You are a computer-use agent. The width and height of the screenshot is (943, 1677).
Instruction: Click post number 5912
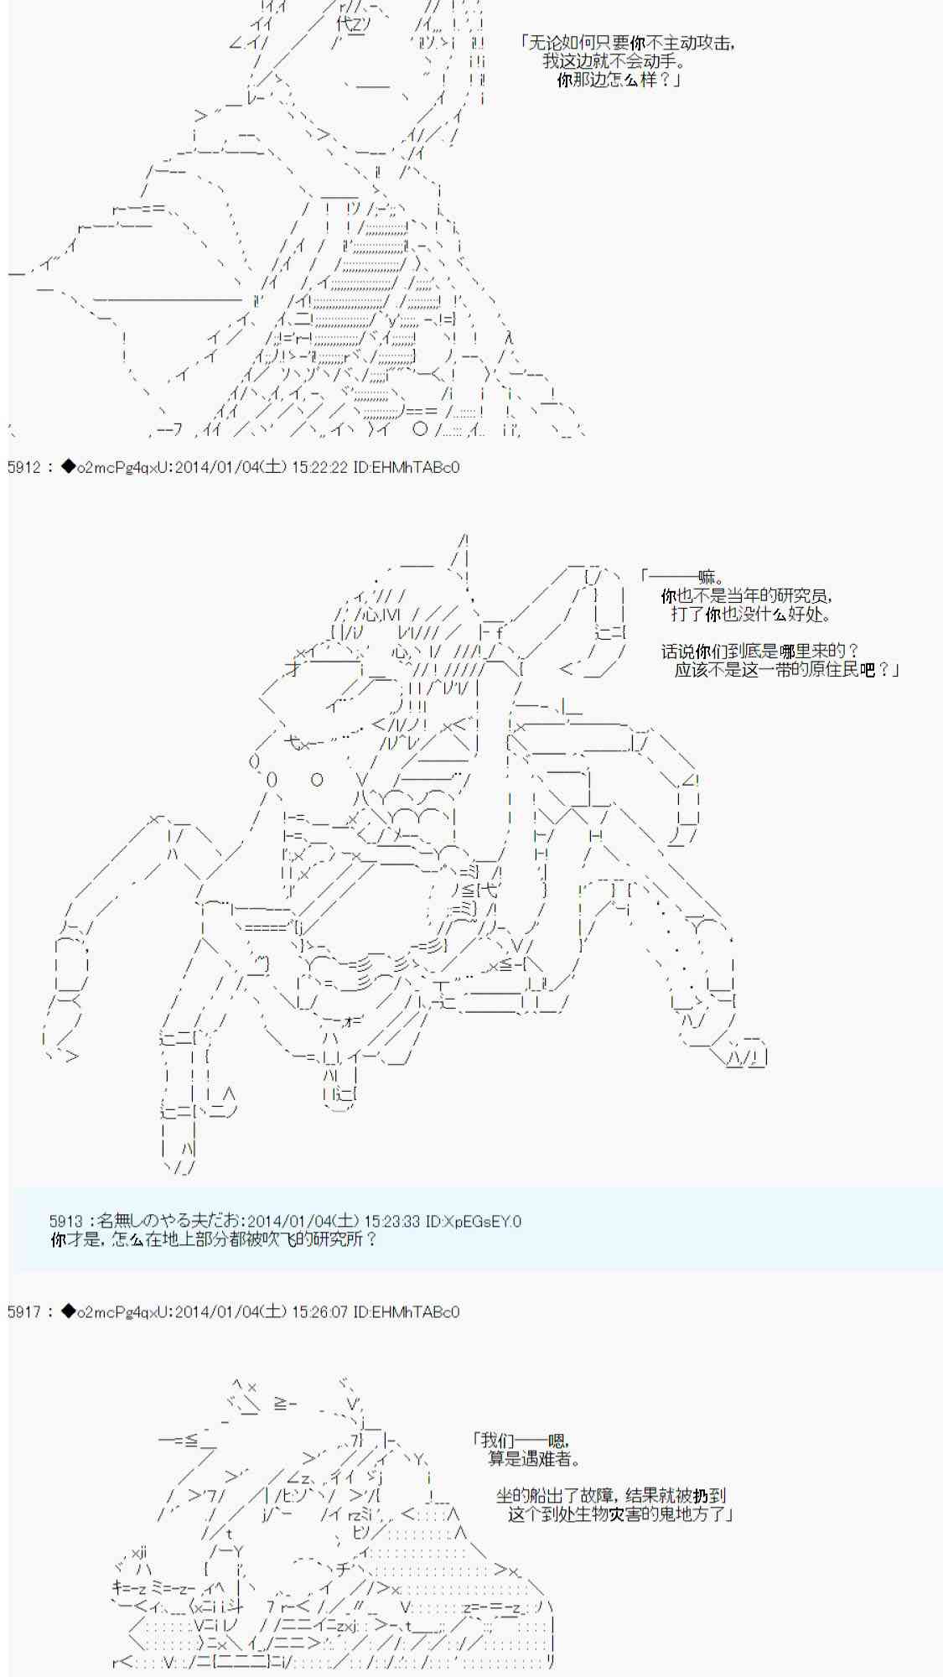pos(23,468)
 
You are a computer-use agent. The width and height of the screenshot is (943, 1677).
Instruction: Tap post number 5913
pos(66,1222)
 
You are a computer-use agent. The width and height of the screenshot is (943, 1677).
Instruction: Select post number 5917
pos(23,1312)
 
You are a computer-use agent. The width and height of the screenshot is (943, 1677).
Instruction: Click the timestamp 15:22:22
pos(319,468)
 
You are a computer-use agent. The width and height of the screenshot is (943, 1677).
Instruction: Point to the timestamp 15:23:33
pos(392,1222)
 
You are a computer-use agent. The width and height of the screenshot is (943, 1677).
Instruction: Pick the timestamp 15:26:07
pos(319,1312)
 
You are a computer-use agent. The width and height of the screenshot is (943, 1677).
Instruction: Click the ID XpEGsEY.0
pos(474,1222)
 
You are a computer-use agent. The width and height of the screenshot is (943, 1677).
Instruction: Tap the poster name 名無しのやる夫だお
pos(172,1222)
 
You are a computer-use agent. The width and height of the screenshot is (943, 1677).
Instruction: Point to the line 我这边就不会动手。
pos(614,61)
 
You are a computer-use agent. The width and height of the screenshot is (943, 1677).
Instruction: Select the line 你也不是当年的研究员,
pos(746,596)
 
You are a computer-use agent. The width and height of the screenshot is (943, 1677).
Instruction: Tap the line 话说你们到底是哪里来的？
pos(759,651)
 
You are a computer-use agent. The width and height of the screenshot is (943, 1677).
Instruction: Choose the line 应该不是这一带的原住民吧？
pos(785,669)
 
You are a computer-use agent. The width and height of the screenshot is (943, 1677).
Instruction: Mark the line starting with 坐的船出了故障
pos(610,1495)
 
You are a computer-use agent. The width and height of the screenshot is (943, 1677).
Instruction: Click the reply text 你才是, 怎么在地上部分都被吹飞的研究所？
pos(215,1239)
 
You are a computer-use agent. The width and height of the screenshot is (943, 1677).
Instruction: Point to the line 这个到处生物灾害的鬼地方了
pos(620,1513)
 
